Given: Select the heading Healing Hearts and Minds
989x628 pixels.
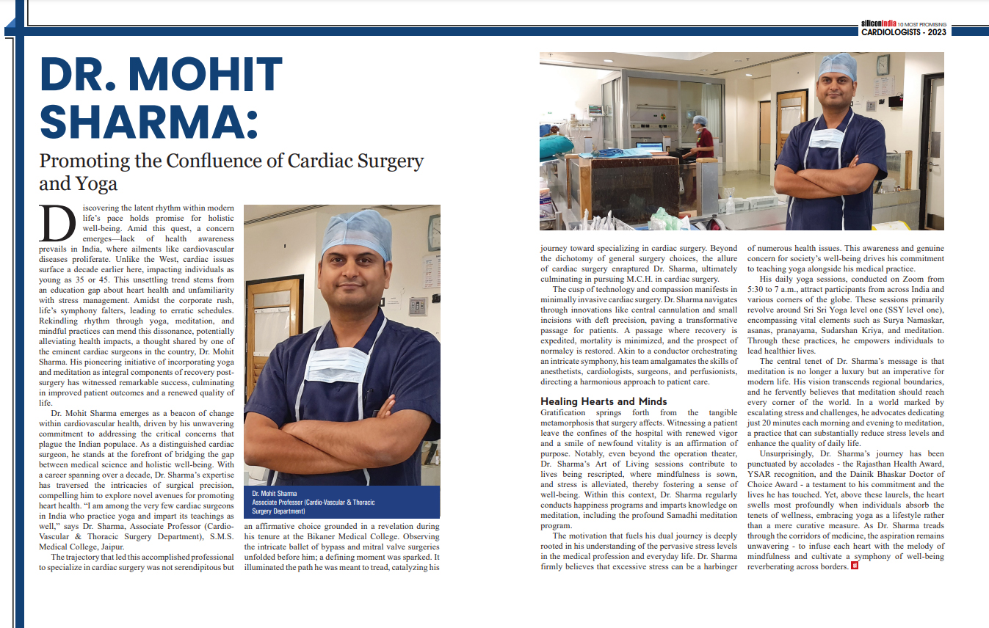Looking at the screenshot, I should tap(604, 401).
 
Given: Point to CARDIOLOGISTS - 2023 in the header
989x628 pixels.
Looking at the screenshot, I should tap(904, 32).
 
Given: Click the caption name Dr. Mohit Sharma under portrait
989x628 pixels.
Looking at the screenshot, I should tap(275, 494).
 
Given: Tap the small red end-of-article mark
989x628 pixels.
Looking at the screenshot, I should tap(854, 566).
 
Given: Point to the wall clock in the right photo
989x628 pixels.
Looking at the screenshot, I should tap(882, 65).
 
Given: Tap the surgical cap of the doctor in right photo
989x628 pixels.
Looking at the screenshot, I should tap(837, 67).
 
